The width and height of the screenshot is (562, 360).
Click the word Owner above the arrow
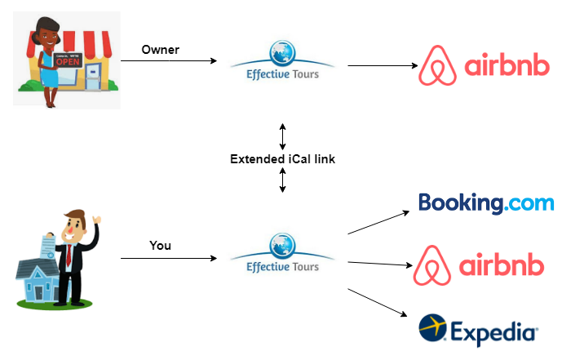160,50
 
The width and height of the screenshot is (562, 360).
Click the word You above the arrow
161,245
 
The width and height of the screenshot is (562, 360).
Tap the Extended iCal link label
282,158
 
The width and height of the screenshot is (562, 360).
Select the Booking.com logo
485,202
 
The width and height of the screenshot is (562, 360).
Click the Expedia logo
478,330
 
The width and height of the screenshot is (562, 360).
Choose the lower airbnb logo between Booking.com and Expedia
483,265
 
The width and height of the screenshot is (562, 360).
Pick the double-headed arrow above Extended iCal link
282,135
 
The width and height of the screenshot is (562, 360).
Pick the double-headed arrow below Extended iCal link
282,180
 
